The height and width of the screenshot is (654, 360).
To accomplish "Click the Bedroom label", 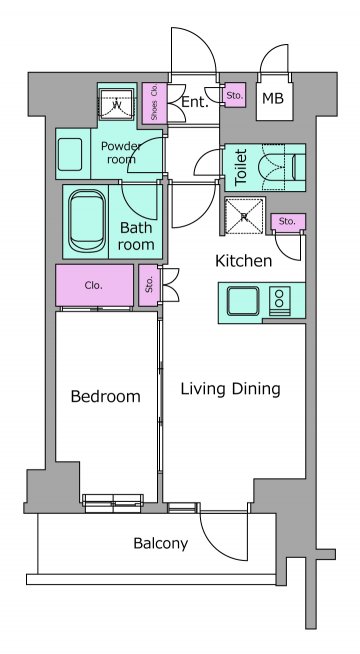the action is (106, 396).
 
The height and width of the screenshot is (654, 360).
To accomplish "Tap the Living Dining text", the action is (230, 389).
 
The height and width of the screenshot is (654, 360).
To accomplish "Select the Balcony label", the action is (161, 543).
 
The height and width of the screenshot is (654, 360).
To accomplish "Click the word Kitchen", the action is (244, 261).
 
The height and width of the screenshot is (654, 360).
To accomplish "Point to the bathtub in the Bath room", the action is (87, 221).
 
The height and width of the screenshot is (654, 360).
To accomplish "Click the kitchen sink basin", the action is (243, 301).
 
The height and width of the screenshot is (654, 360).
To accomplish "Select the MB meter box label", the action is (273, 98).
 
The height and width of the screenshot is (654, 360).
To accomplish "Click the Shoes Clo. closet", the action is (154, 103).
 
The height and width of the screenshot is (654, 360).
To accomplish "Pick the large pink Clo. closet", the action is (95, 285).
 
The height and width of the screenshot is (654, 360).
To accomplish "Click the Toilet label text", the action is (241, 167).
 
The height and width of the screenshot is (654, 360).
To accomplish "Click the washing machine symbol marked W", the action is (117, 104).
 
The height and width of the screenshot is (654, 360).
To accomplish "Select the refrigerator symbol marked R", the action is (244, 216).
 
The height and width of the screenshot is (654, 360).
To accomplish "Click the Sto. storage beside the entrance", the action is (235, 95).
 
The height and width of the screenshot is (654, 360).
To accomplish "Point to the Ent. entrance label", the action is (194, 103).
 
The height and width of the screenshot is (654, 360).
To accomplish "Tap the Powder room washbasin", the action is (70, 154).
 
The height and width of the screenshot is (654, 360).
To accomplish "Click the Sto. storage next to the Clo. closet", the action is (149, 285).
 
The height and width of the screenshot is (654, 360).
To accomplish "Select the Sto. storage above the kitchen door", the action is (288, 222).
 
